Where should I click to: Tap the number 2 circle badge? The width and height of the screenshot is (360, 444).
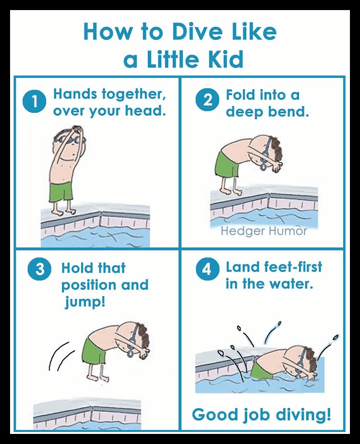(207, 101)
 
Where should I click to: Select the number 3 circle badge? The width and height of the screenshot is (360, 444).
(40, 269)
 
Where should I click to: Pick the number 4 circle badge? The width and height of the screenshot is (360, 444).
(207, 269)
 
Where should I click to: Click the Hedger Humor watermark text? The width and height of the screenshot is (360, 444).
(264, 231)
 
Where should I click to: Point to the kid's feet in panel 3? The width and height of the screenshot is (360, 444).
(98, 378)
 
